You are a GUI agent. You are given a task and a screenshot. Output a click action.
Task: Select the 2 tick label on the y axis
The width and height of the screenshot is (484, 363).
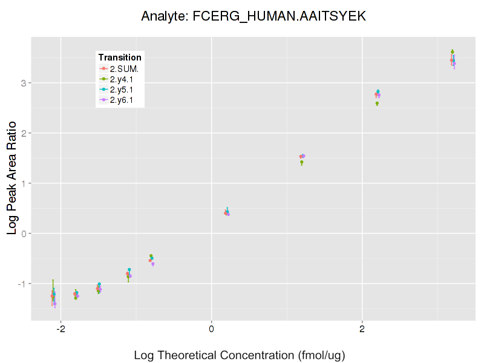[x=22, y=133]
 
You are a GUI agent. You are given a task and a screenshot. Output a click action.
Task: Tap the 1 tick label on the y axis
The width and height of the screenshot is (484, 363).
[x=22, y=183]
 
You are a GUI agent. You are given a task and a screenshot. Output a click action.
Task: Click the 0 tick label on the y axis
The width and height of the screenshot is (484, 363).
[x=22, y=234]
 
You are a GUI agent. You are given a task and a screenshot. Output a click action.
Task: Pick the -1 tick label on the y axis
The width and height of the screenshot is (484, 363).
[x=20, y=284]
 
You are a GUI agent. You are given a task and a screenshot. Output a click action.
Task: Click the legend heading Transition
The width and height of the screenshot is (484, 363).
[x=120, y=57]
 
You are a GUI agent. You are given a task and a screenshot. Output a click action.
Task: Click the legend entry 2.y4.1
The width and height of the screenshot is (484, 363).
[x=125, y=79]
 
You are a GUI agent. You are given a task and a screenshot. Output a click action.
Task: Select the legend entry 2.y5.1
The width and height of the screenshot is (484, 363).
[x=125, y=89]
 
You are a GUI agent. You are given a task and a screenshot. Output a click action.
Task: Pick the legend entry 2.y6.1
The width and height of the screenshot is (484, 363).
[x=125, y=99]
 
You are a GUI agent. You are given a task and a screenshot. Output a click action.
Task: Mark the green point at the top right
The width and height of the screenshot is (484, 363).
[x=453, y=51]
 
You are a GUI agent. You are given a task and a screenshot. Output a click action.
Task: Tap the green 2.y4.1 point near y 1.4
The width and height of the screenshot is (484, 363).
[x=302, y=162]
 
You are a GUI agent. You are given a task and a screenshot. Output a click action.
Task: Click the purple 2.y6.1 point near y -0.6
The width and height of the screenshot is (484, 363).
[x=153, y=264]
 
